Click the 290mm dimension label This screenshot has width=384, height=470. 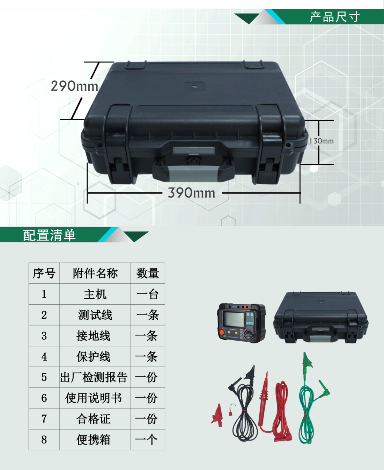pos(74,86)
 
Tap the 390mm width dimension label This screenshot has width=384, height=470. pos(192,193)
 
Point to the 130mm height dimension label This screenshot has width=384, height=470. pos(321,141)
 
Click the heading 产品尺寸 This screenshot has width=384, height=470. pos(335,17)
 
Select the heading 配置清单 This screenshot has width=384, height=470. pos(49,235)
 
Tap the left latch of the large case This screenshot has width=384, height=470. pos(118,143)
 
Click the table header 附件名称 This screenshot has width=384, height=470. pos(95,273)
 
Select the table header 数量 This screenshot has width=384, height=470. pos(148,273)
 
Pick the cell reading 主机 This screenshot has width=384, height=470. pos(95,294)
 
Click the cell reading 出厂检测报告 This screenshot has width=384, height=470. pos(94,377)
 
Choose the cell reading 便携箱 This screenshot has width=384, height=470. pos(94,440)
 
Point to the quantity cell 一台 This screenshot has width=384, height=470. pos(148,294)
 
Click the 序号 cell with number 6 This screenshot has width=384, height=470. pos(44,398)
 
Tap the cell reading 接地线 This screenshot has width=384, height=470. pos(94,336)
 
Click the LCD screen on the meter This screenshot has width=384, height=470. pos(234,319)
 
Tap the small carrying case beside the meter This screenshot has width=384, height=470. pos(320,318)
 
